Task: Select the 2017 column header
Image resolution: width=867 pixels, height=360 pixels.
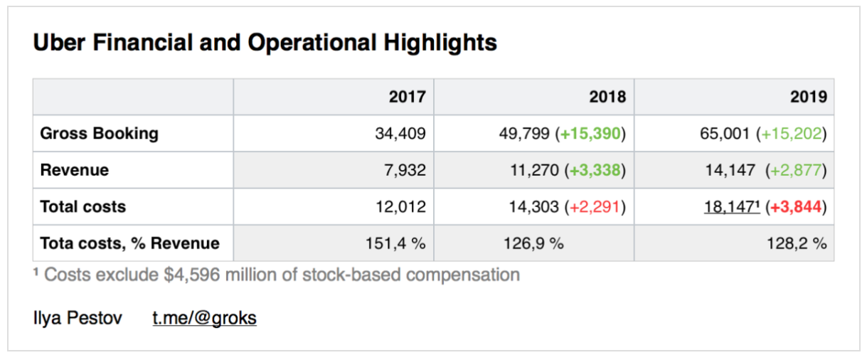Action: pyautogui.click(x=408, y=97)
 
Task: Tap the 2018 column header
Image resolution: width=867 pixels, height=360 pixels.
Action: pyautogui.click(x=607, y=97)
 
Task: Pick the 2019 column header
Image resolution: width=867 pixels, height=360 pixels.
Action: pyautogui.click(x=808, y=97)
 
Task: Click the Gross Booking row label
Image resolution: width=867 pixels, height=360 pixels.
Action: pyautogui.click(x=99, y=134)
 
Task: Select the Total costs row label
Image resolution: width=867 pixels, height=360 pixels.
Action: pyautogui.click(x=83, y=207)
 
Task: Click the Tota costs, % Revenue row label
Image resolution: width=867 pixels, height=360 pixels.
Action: pyautogui.click(x=129, y=243)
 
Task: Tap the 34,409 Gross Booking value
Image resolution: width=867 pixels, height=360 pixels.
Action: pyautogui.click(x=400, y=134)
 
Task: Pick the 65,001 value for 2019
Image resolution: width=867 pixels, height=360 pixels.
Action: pyautogui.click(x=725, y=134)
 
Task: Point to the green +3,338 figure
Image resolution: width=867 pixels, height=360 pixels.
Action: pyautogui.click(x=596, y=171)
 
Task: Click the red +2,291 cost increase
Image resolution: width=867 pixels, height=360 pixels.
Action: pyautogui.click(x=596, y=208)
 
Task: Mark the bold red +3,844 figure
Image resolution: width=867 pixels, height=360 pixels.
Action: pyautogui.click(x=797, y=208)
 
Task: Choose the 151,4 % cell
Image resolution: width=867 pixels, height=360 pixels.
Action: pyautogui.click(x=395, y=244)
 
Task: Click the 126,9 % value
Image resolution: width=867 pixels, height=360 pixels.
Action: pyautogui.click(x=533, y=244)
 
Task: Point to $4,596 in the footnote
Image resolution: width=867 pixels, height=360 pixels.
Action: pyautogui.click(x=191, y=275)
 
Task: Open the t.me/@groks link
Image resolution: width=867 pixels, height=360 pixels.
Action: pyautogui.click(x=205, y=318)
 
